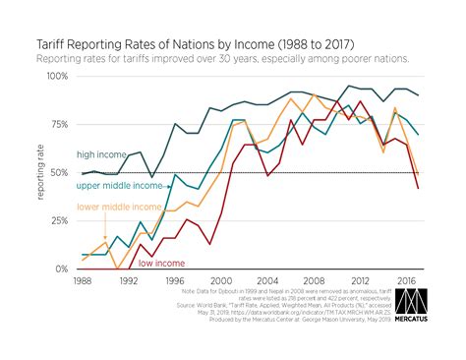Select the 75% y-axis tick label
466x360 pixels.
point(55,124)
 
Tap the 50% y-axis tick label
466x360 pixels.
point(55,172)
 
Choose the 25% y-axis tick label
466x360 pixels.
point(55,220)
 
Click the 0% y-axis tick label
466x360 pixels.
point(58,269)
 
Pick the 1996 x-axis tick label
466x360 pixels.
point(175,281)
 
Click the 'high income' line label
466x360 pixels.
point(101,153)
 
